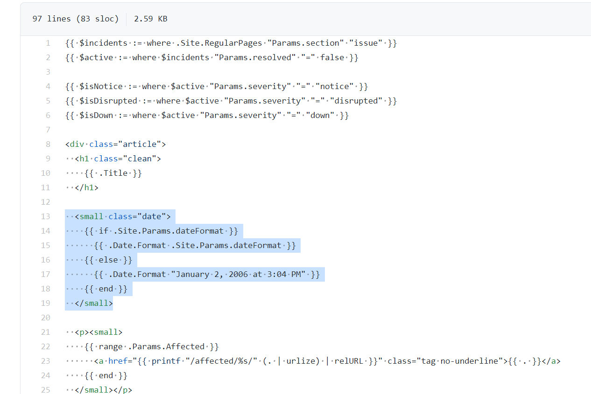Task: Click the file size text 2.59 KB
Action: pos(150,19)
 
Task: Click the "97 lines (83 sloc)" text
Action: pos(75,19)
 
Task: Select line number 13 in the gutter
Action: pos(45,216)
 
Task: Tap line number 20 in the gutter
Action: pos(45,318)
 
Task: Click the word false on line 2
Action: pos(332,57)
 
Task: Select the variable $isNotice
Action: pos(101,86)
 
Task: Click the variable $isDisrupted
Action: pos(108,101)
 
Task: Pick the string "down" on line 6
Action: pos(320,115)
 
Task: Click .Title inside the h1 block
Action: pos(115,173)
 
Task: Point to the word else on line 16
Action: pos(108,260)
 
